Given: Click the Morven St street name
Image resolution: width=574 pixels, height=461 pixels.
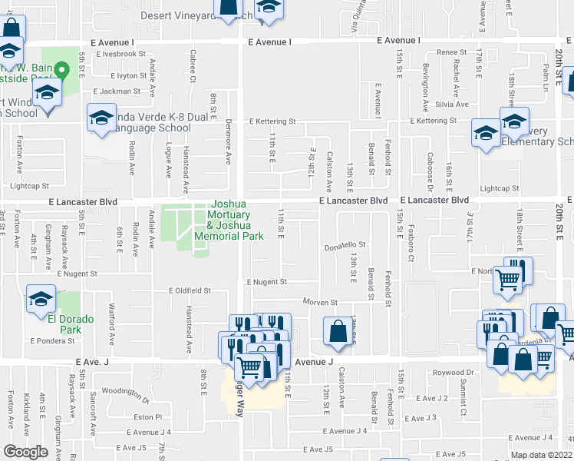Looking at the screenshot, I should point(320,302).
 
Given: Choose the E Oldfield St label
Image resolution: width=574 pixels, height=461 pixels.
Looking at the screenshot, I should point(190,291).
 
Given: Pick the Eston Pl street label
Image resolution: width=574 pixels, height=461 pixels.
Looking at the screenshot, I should point(147,416).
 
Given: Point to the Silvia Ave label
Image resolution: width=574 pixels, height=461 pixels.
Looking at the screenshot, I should point(451,104).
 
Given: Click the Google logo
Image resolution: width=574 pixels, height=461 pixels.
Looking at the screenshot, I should point(25,452).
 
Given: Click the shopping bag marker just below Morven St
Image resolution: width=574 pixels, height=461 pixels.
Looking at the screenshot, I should point(338,331).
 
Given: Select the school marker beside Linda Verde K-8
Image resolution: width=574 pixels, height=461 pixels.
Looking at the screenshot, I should point(101,120).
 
